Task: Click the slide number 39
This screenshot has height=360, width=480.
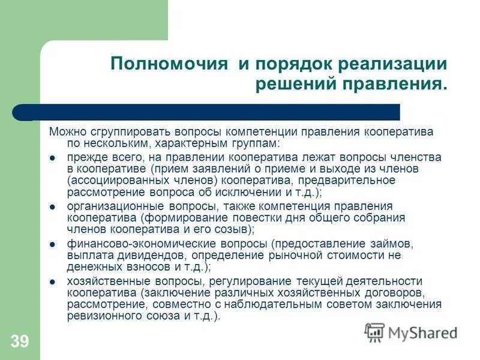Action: click(x=19, y=342)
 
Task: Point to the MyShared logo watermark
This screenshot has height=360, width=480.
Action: click(x=411, y=332)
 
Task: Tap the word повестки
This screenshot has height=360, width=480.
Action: click(x=258, y=218)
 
